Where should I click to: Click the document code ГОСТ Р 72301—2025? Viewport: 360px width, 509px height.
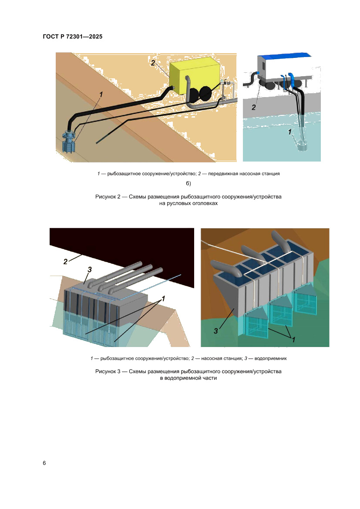click(72, 37)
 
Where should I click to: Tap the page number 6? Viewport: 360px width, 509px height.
click(44, 463)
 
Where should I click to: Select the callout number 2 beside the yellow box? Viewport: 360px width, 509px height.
click(153, 63)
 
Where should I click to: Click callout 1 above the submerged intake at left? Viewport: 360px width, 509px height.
click(101, 94)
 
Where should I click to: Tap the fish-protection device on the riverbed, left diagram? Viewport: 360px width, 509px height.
click(69, 142)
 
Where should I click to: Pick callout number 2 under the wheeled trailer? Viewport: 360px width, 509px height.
click(253, 107)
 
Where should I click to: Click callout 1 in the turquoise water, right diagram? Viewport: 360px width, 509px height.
click(290, 132)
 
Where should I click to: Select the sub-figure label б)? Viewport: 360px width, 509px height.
click(188, 183)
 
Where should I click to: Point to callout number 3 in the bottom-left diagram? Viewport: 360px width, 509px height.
click(90, 270)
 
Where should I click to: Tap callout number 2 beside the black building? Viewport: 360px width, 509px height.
click(66, 262)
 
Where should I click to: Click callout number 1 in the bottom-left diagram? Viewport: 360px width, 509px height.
click(163, 298)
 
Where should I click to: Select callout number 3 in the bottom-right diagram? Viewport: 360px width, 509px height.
click(216, 331)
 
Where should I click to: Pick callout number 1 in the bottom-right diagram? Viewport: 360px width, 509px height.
click(294, 340)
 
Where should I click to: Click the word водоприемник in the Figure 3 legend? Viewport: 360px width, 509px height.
click(271, 358)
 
